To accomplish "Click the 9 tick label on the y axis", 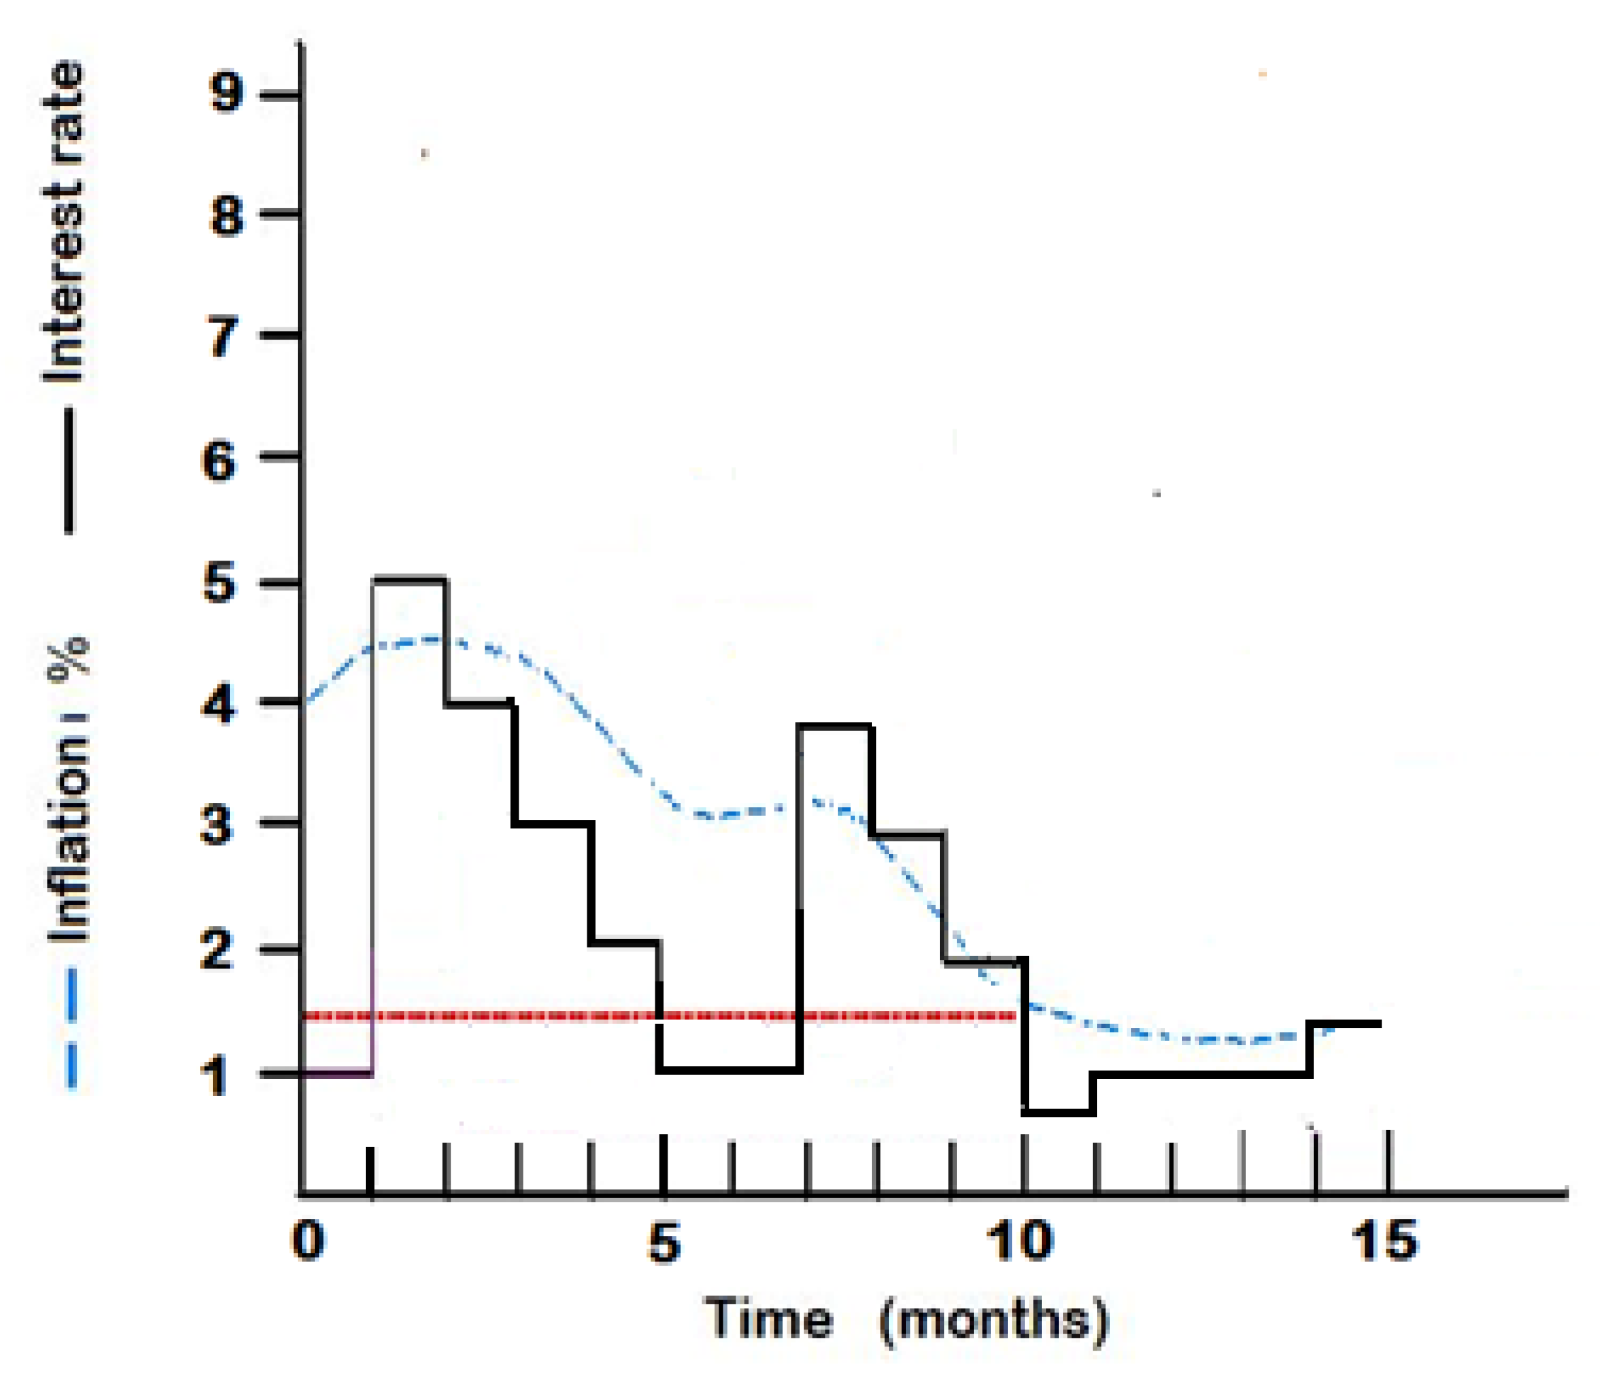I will click(x=227, y=94).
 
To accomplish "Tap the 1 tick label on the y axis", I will click(x=214, y=1078).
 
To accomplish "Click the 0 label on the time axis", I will click(x=308, y=1240).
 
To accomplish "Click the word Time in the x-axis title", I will click(x=768, y=1319).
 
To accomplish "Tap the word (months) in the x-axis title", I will click(x=995, y=1321).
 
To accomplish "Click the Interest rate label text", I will click(x=63, y=222).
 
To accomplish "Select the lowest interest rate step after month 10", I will click(x=1059, y=1112).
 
